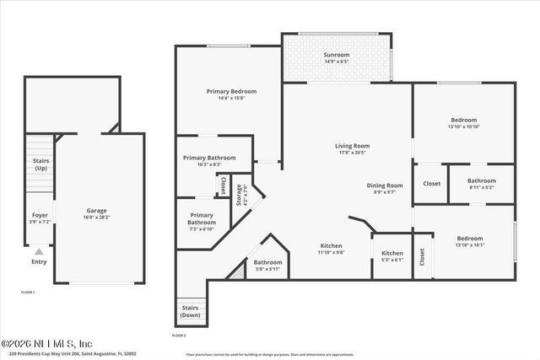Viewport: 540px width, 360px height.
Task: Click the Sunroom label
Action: [x=337, y=55]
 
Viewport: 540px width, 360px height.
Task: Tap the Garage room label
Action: [x=96, y=211]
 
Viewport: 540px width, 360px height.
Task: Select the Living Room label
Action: [x=353, y=146]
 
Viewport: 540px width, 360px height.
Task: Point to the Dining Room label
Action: [x=385, y=185]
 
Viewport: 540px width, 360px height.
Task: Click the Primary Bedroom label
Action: [x=231, y=91]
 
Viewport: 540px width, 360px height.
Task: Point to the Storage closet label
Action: [x=240, y=195]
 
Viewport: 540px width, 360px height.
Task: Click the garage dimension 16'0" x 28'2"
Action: [x=96, y=218]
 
